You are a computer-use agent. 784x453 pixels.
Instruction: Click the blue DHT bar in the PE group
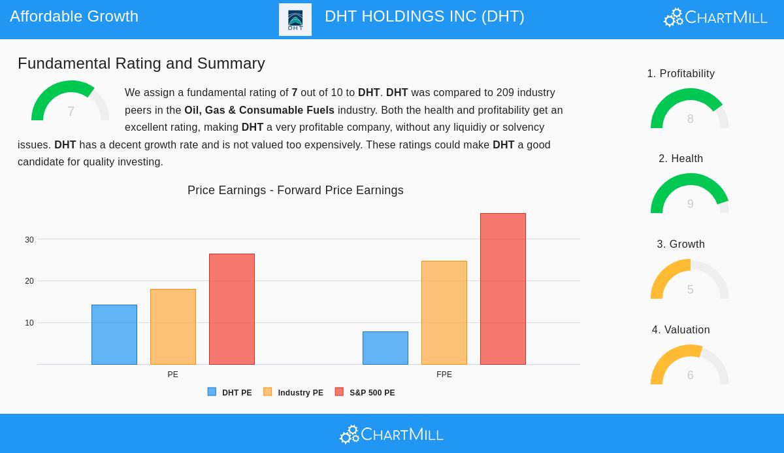coord(114,335)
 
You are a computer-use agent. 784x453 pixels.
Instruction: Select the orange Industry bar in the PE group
coord(173,327)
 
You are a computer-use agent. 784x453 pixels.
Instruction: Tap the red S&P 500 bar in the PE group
coord(232,309)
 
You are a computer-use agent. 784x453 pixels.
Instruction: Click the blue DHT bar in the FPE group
coord(385,348)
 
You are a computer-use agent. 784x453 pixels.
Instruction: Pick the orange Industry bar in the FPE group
coord(444,312)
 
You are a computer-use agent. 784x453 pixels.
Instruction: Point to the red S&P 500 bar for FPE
coord(503,289)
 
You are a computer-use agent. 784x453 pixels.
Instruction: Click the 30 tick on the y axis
coord(29,240)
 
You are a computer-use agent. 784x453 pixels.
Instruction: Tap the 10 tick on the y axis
coord(29,323)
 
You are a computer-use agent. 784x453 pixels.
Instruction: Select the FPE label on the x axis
coord(444,375)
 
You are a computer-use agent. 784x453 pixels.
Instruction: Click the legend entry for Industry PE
coord(294,393)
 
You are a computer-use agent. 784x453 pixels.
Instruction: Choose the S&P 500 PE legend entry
coord(365,393)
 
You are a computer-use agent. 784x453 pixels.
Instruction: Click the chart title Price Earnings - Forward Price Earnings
coord(295,190)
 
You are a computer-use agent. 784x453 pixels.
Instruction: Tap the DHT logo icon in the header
coord(295,20)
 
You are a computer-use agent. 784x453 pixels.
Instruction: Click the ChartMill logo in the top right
coord(715,17)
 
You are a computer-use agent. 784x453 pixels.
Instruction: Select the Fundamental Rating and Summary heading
coord(141,63)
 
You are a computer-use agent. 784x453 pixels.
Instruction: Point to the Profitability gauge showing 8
coord(689,110)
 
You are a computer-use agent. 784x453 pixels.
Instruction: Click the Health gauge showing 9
coord(689,195)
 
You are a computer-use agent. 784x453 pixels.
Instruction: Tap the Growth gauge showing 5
coord(689,280)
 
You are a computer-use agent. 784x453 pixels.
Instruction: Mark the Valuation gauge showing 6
coord(689,366)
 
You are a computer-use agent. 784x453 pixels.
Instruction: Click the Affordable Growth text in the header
coord(74,16)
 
